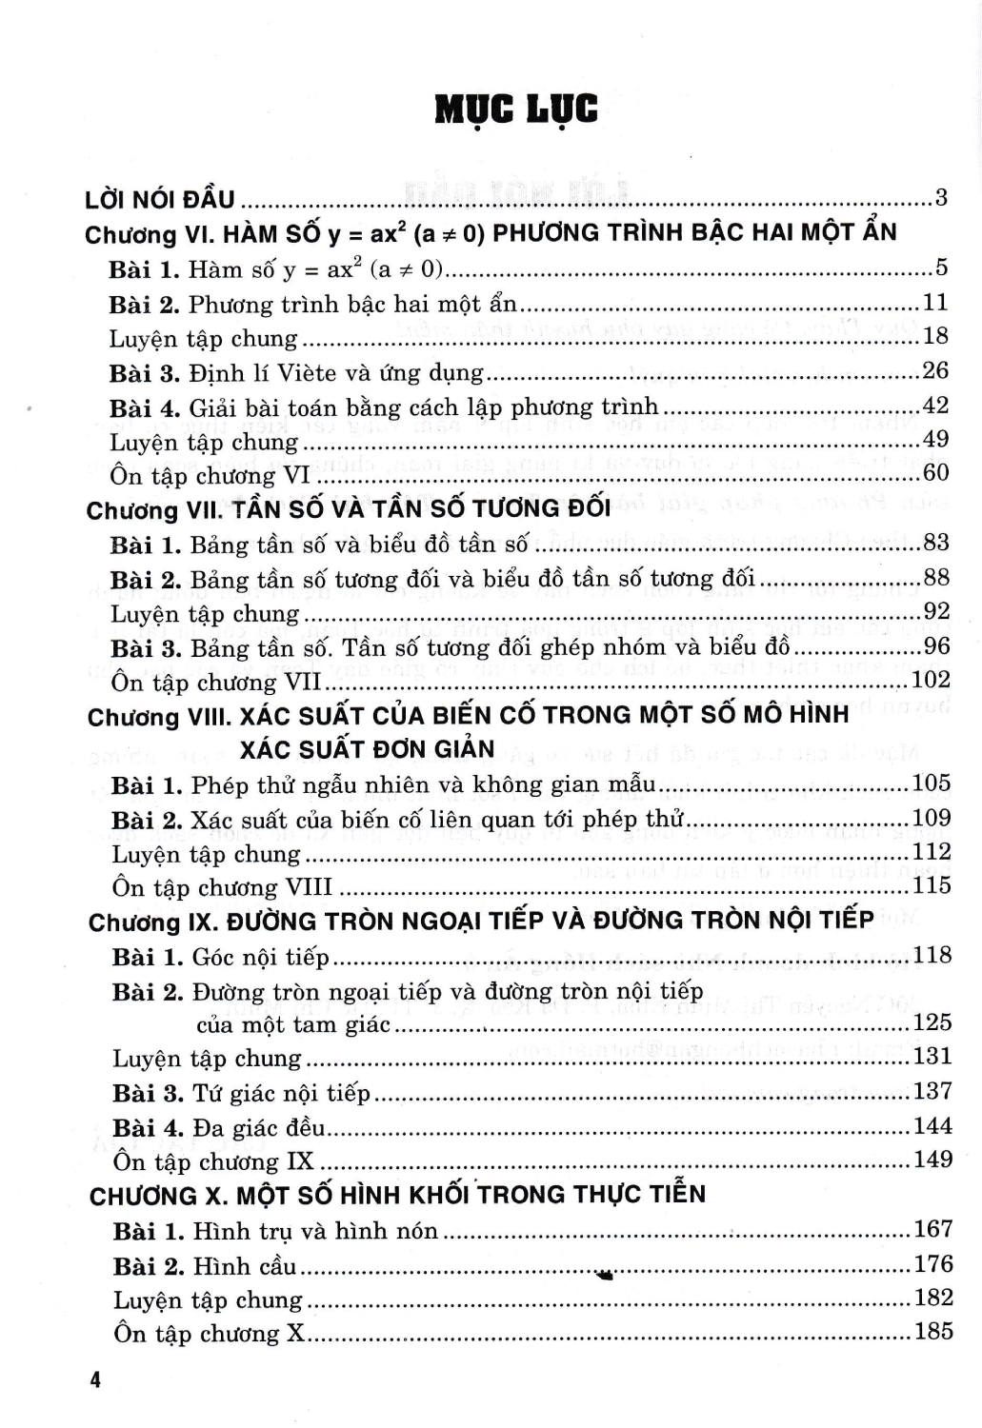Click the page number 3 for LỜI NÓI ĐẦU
[940, 198]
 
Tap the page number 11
[935, 303]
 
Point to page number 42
[935, 406]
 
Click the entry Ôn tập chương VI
[210, 474]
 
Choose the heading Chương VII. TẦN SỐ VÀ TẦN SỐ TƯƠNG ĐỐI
[348, 509]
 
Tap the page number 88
[935, 578]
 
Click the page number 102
[931, 680]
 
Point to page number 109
[931, 818]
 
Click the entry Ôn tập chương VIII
[222, 887]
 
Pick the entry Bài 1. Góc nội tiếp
[221, 957]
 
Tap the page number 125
[932, 1022]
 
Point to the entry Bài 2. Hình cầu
[205, 1266]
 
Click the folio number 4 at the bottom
[95, 1379]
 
